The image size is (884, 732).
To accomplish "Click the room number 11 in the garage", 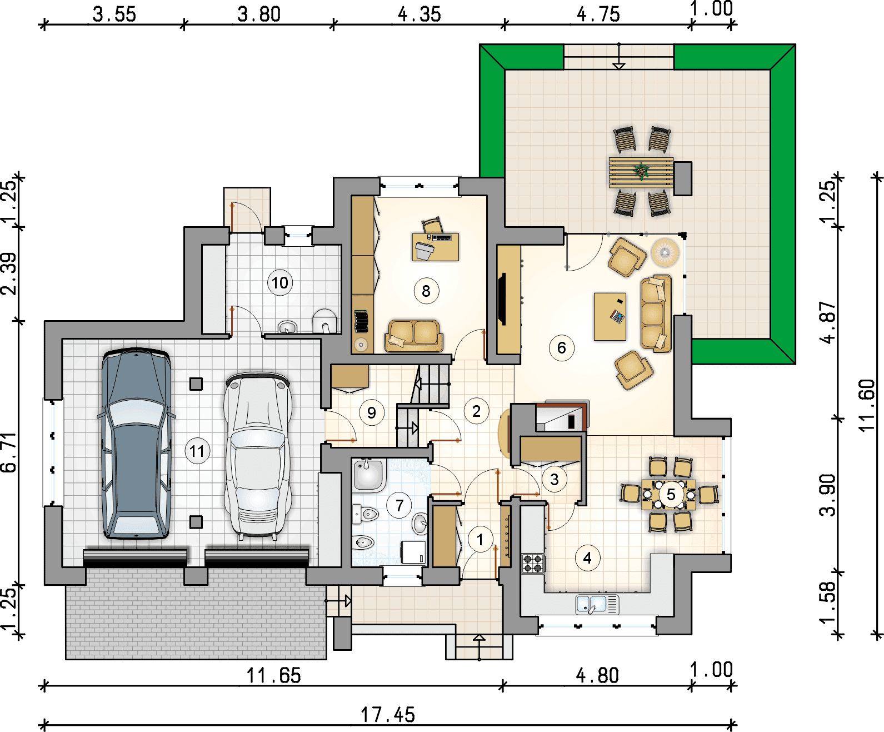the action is point(197,451).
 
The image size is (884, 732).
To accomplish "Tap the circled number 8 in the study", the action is point(426,291).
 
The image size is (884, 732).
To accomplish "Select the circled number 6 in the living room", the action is point(561,348).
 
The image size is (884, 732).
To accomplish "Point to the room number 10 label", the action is point(280,282).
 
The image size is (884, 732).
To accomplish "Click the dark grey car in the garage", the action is point(136,443).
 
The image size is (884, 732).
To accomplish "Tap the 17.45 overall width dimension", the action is point(388,715).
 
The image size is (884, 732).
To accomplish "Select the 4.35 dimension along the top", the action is point(419,14).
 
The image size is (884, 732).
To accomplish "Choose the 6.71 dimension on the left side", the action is point(8,452).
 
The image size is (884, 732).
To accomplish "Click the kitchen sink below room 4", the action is point(597,604).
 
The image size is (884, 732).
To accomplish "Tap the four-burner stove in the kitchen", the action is point(533,564).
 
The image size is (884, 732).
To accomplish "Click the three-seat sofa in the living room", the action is point(656,314).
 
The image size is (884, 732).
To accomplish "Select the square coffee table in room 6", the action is point(610,316).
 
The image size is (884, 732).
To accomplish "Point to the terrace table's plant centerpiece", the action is point(642,171).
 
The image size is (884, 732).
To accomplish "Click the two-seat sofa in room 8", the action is point(414,336).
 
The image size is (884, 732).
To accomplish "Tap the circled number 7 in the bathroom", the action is point(399,505).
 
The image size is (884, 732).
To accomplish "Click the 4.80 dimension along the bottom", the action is point(597,675).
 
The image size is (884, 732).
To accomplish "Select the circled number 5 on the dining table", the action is point(671,494).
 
